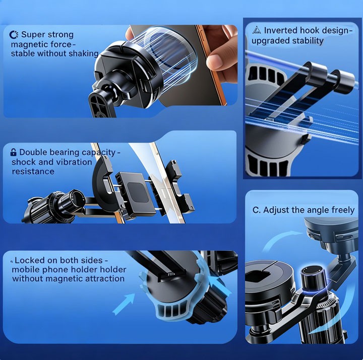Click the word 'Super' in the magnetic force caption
(31, 35)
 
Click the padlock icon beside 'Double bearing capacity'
(14, 152)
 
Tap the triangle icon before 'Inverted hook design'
(257, 30)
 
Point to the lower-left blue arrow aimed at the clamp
(124, 304)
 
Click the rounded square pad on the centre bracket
(138, 192)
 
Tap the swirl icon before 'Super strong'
(14, 35)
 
